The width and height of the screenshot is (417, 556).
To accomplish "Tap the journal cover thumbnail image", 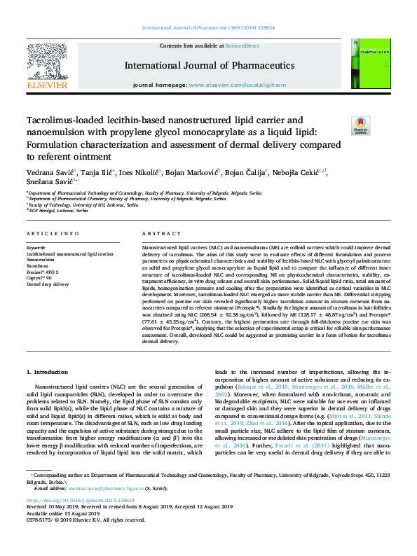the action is [366, 64].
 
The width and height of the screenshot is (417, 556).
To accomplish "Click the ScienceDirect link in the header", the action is [245, 46].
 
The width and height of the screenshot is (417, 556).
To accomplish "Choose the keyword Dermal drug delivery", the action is [48, 284].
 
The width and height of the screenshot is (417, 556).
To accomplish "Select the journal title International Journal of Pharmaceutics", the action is [208, 65].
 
